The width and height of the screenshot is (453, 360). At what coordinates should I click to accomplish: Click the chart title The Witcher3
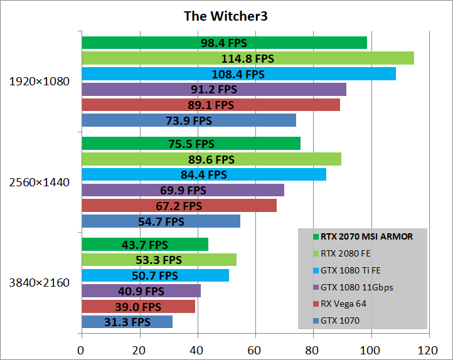225,16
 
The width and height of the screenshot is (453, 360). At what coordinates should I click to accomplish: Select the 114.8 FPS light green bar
247,58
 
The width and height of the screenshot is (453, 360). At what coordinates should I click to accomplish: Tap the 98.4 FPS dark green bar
224,43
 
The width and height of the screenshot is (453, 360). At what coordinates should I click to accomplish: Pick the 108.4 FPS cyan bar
238,74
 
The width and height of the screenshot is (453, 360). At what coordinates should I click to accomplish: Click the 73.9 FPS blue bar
188,120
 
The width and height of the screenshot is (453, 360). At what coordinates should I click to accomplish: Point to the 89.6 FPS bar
211,159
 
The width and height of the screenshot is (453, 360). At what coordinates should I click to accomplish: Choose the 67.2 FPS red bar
179,206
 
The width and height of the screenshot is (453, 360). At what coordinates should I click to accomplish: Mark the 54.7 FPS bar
161,221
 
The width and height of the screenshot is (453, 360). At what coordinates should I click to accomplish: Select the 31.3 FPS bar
127,322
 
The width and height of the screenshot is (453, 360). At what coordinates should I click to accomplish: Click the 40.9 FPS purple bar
141,291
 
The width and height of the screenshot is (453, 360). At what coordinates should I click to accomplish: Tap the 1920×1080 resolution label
39,82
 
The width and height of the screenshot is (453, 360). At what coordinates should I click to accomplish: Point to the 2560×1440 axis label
39,183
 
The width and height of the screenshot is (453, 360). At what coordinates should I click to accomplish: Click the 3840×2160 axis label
39,283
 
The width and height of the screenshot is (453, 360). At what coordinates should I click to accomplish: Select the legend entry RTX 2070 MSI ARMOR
366,236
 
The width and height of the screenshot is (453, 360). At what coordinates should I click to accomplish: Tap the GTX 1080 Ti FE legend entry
350,270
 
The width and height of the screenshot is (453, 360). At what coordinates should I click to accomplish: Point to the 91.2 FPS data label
214,89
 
